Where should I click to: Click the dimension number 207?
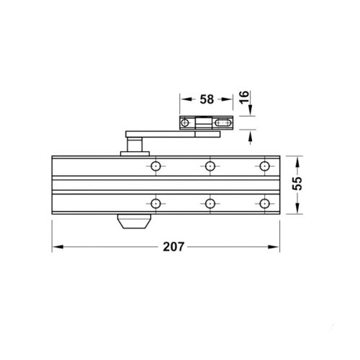pyautogui.click(x=174, y=246)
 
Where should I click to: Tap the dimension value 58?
pyautogui.click(x=207, y=99)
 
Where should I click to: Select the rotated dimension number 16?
pyautogui.click(x=244, y=97)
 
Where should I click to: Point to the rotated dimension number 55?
pyautogui.click(x=297, y=184)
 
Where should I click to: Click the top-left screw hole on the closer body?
pyautogui.click(x=156, y=166)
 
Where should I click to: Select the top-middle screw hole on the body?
pyautogui.click(x=210, y=166)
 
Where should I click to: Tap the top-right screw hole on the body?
pyautogui.click(x=264, y=166)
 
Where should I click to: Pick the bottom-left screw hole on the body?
pyautogui.click(x=156, y=204)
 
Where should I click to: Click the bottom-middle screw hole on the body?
pyautogui.click(x=210, y=204)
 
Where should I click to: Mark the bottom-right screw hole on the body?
pyautogui.click(x=264, y=204)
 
